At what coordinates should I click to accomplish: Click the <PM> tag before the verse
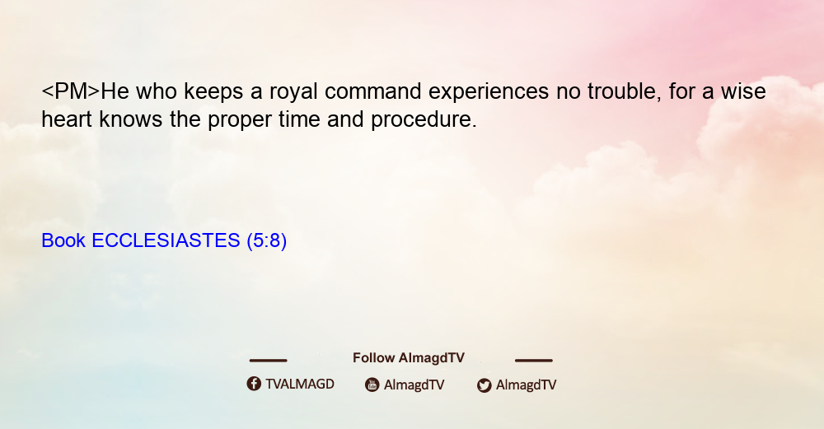pyautogui.click(x=70, y=91)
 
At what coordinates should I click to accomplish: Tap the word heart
pyautogui.click(x=67, y=119)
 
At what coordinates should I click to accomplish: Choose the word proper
pyautogui.click(x=239, y=121)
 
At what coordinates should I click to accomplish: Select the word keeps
pyautogui.click(x=213, y=92)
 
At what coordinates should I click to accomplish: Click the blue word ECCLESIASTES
pyautogui.click(x=166, y=240)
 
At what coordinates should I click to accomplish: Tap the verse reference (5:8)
pyautogui.click(x=266, y=241)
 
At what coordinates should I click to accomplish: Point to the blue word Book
pyautogui.click(x=63, y=240)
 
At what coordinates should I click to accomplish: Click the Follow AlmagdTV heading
pyautogui.click(x=409, y=358)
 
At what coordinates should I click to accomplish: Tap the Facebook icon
pyautogui.click(x=254, y=384)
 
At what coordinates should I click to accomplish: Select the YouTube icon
pyautogui.click(x=372, y=385)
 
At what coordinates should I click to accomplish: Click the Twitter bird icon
pyautogui.click(x=484, y=385)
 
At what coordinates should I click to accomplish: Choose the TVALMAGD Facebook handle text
pyautogui.click(x=300, y=385)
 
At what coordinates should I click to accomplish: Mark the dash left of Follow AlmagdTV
pyautogui.click(x=268, y=361)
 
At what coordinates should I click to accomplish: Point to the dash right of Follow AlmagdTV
pyautogui.click(x=534, y=361)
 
